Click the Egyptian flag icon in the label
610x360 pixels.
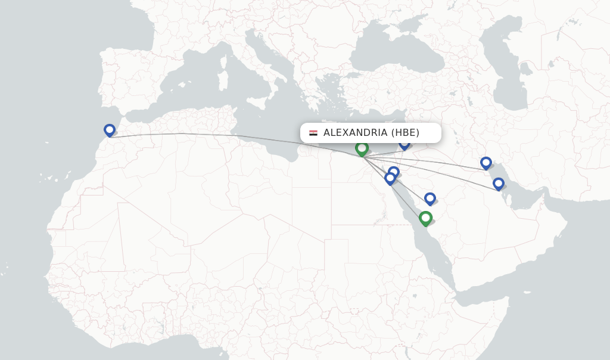313,133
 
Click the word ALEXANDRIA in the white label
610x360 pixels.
355,133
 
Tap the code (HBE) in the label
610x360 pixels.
405,133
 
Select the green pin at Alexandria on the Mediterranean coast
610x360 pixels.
362,148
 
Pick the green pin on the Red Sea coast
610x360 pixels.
425,218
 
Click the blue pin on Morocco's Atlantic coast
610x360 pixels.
110,130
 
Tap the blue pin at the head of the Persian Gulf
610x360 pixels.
486,163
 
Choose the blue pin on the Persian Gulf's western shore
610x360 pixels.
499,184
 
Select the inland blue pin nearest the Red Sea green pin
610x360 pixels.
430,198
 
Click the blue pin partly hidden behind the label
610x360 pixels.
404,144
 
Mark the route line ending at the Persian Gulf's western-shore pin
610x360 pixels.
453,176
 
